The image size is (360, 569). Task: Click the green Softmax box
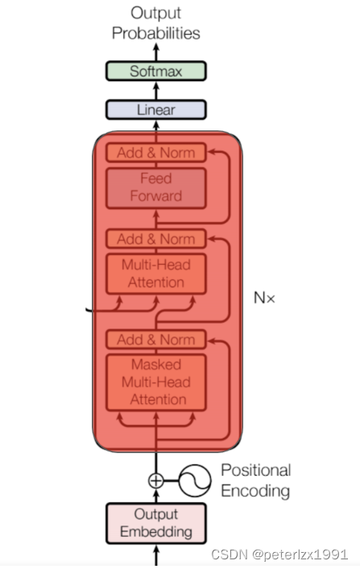(x=156, y=71)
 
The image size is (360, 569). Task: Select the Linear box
(x=156, y=109)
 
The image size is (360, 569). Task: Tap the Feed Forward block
(x=156, y=187)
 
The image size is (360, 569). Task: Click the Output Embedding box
(x=156, y=522)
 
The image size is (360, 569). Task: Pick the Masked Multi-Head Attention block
(x=156, y=381)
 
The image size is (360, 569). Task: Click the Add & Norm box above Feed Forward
(x=156, y=152)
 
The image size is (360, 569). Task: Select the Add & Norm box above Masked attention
(x=156, y=339)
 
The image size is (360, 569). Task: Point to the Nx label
(x=265, y=298)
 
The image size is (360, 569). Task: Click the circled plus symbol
(x=156, y=480)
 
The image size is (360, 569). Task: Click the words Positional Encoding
(x=255, y=480)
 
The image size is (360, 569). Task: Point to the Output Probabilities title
(x=156, y=23)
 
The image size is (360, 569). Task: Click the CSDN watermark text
(x=280, y=555)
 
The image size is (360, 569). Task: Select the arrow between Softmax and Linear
(x=156, y=90)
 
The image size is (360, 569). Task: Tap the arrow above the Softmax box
(x=156, y=51)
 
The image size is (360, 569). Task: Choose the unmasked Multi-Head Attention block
(x=156, y=274)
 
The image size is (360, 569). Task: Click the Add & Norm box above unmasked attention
(x=156, y=238)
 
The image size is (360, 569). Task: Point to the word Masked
(x=156, y=364)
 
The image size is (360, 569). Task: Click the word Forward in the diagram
(x=156, y=196)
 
